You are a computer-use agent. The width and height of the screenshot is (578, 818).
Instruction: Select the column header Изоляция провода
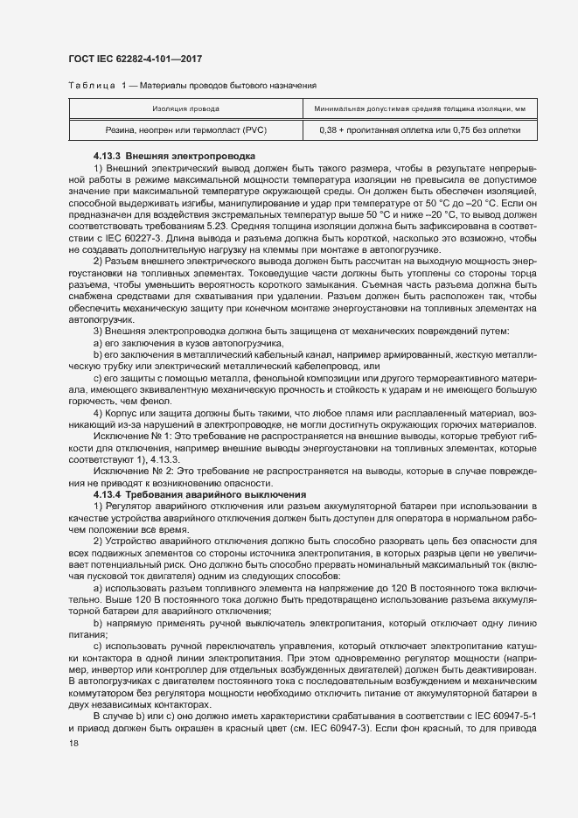pos(185,109)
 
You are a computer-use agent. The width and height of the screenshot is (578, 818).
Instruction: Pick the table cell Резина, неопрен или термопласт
pos(185,129)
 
